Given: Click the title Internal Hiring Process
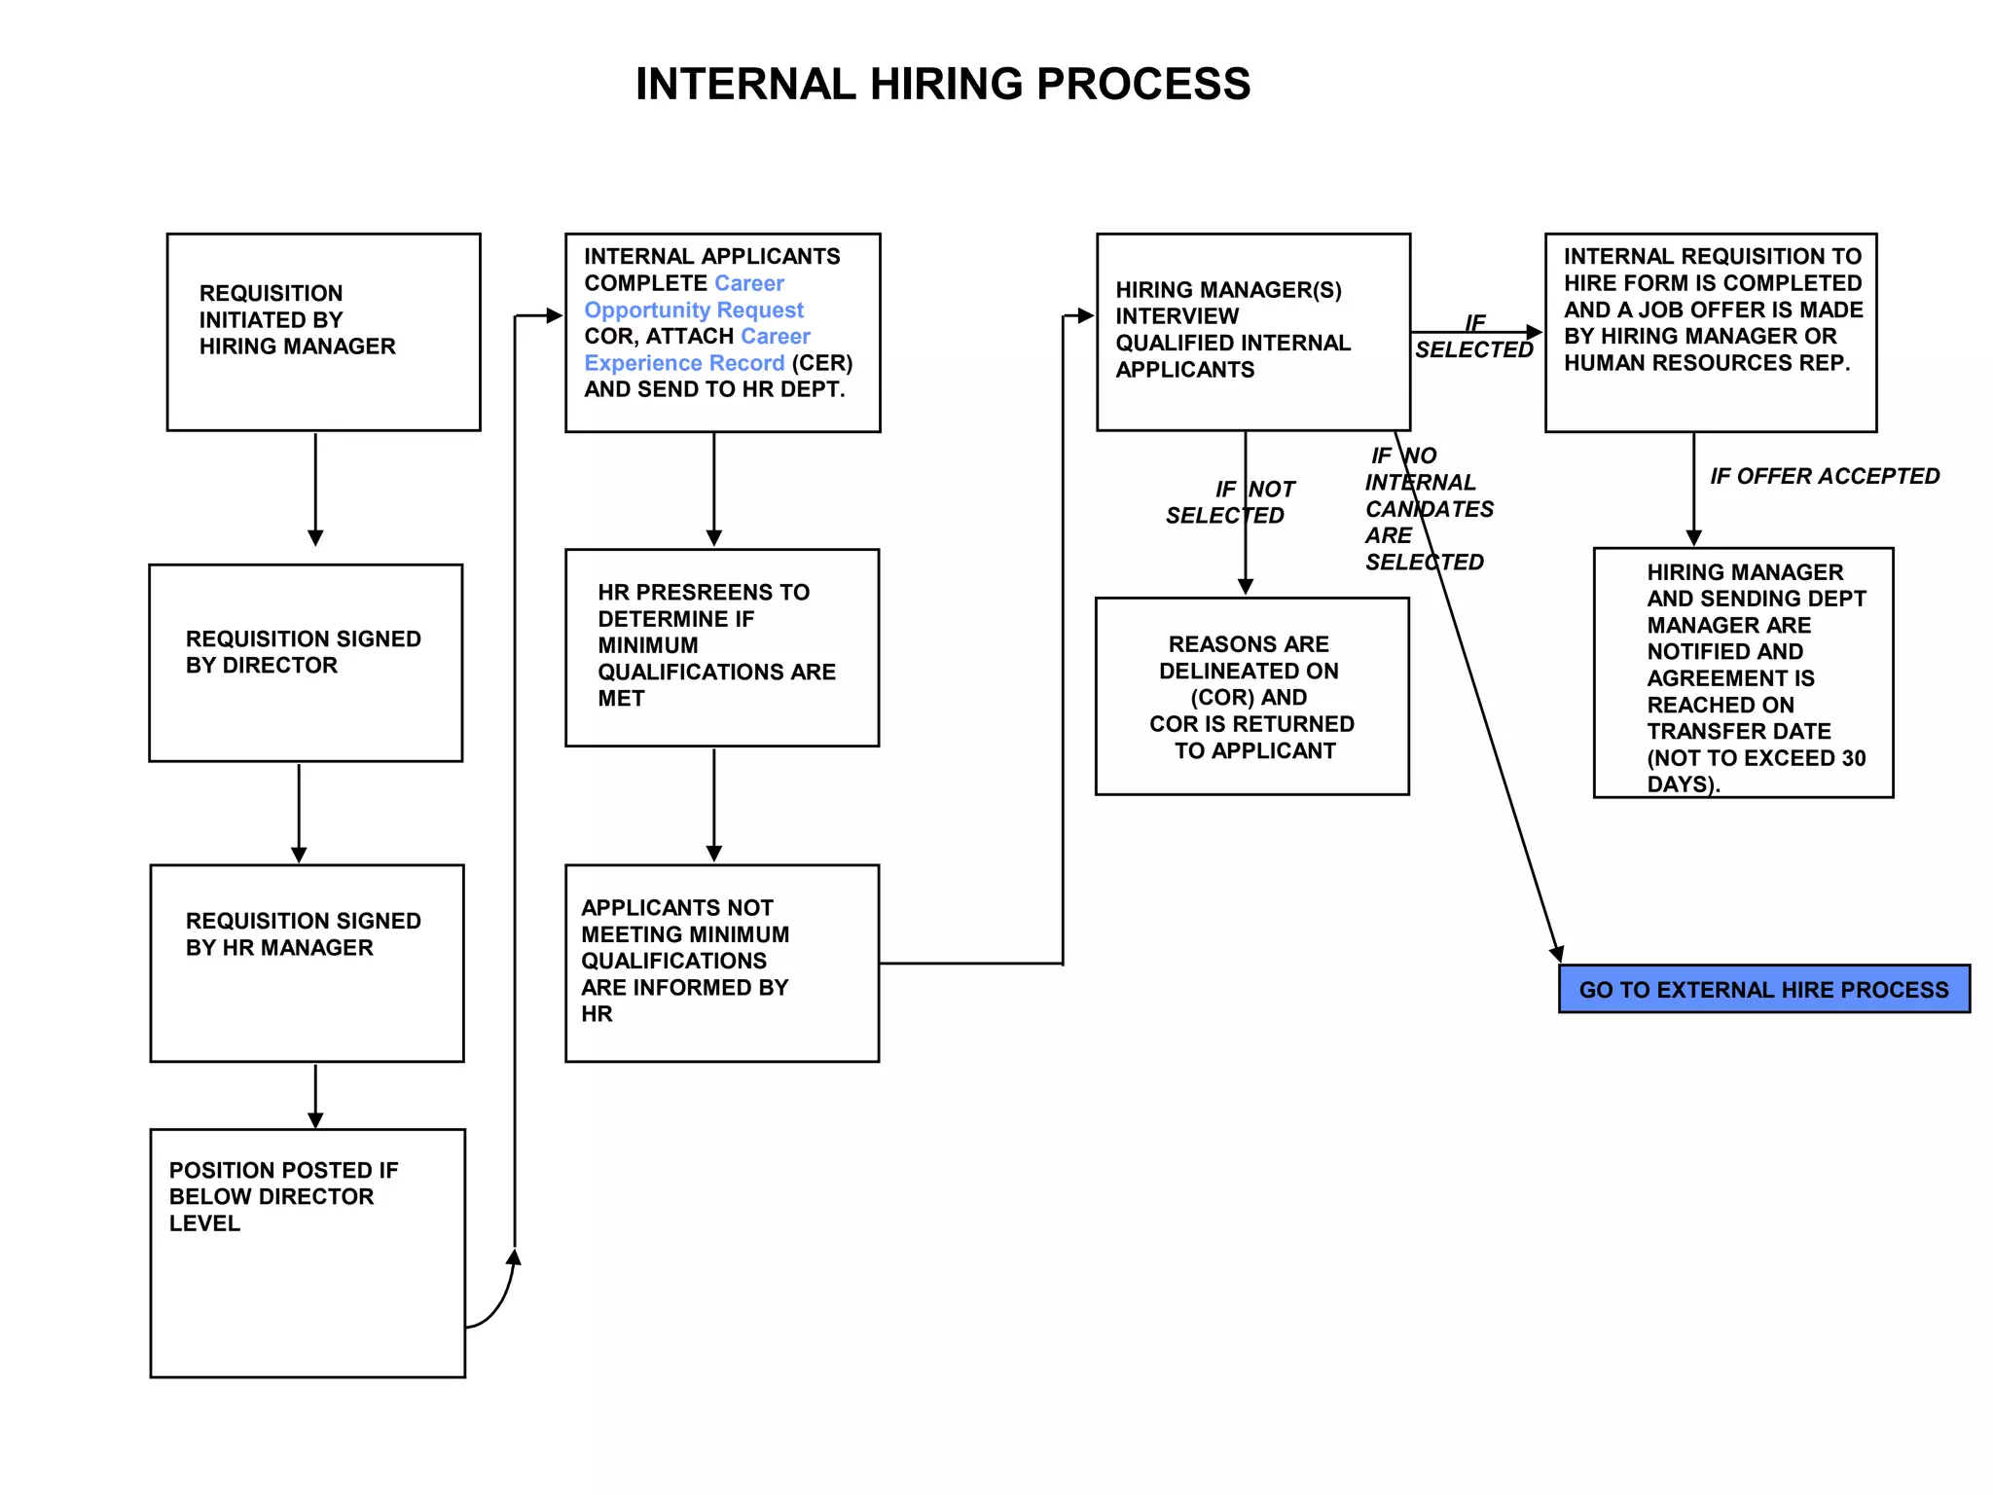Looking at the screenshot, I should coord(942,84).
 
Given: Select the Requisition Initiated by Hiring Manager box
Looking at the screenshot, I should coord(323,331).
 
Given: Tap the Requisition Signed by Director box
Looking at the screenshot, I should coord(305,662).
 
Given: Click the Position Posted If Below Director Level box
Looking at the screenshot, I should coord(307,1252).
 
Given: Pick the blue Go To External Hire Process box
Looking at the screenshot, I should coord(1763,989).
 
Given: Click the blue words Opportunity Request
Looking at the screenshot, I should coord(694,310).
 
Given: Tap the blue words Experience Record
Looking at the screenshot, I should coord(684,363).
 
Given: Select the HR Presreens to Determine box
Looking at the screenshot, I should coord(721,647).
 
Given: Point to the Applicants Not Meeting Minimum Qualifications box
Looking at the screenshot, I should coord(721,962).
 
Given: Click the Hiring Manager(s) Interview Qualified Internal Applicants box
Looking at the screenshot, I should coord(1252,331).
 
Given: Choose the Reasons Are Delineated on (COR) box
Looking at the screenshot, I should coord(1251,696).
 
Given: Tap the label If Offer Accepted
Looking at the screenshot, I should coord(1825,476).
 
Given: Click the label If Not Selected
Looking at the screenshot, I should coord(1228,502).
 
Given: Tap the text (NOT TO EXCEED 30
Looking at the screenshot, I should coord(1756,758).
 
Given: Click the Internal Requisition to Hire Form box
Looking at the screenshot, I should coord(1710,331).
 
